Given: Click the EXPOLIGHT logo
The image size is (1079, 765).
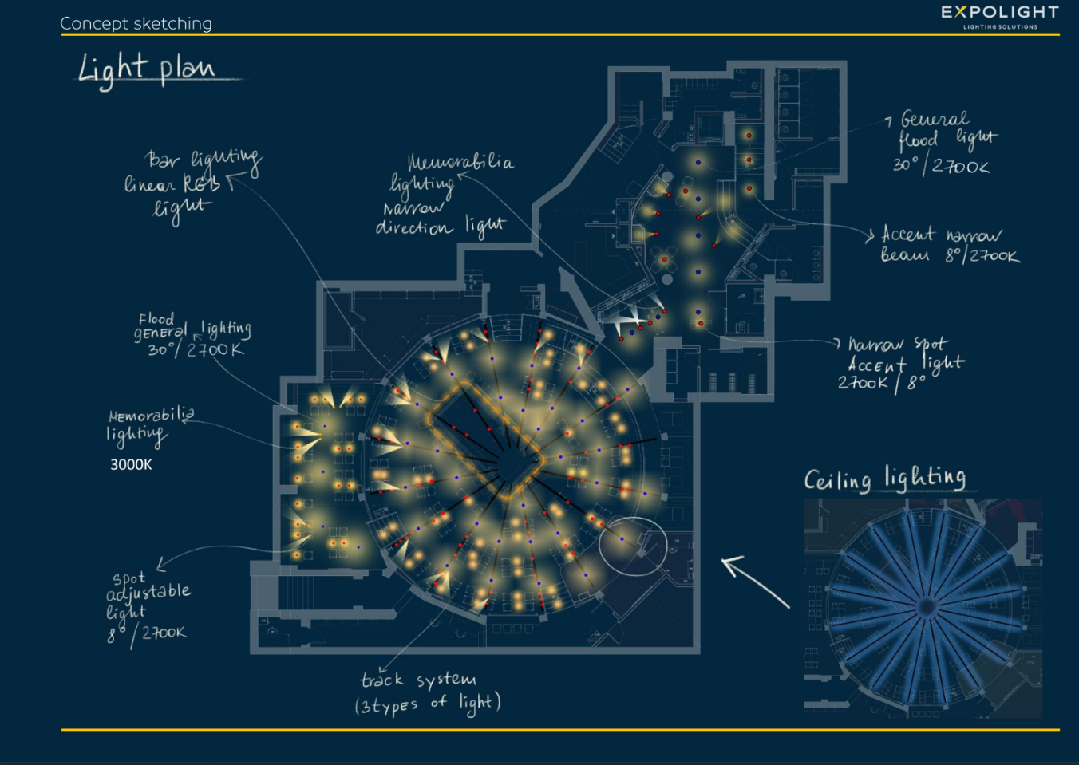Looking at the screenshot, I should [999, 13].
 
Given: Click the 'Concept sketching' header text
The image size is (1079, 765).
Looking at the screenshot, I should [136, 23].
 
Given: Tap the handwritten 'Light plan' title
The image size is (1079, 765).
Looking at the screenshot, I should [148, 69].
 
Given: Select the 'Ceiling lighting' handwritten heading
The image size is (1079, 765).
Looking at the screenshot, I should [884, 479].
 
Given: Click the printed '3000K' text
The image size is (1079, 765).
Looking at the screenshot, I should [131, 464].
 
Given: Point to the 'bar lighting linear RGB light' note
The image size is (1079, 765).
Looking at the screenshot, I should [192, 183].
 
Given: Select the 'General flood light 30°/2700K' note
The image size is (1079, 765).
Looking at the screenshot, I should [945, 143].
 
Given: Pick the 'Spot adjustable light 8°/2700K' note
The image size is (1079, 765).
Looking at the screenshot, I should [148, 605].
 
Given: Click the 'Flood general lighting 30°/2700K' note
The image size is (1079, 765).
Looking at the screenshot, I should [192, 335].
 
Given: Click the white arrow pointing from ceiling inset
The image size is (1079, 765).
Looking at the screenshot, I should [754, 581].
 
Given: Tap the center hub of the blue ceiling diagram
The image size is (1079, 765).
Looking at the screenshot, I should [926, 608].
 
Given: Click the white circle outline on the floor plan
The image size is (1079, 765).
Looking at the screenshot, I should [634, 546].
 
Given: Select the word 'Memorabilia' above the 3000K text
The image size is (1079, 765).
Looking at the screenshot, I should [151, 415].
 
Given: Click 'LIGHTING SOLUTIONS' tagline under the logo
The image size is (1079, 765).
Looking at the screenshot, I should [1000, 27].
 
